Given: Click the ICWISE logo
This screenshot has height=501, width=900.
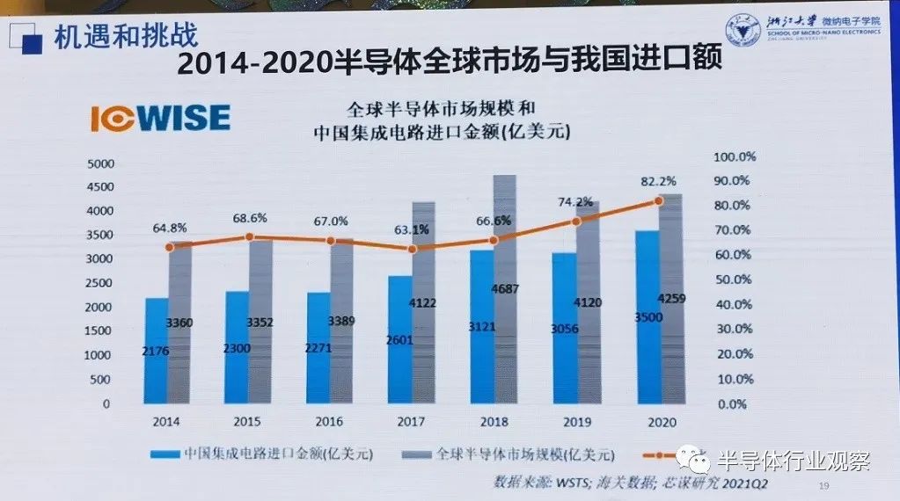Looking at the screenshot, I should tap(160, 119).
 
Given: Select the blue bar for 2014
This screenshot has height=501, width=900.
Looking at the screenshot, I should tap(157, 352).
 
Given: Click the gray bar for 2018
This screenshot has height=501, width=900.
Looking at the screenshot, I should tap(504, 290).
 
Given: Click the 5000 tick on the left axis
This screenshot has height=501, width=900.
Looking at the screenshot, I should tap(102, 163).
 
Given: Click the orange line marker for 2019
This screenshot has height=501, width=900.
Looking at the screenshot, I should tap(577, 221).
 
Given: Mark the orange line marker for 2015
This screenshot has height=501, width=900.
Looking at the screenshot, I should tap(249, 236).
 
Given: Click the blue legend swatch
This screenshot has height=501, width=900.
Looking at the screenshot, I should tap(165, 454).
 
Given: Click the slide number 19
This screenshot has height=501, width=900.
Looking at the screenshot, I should tap(824, 487).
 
